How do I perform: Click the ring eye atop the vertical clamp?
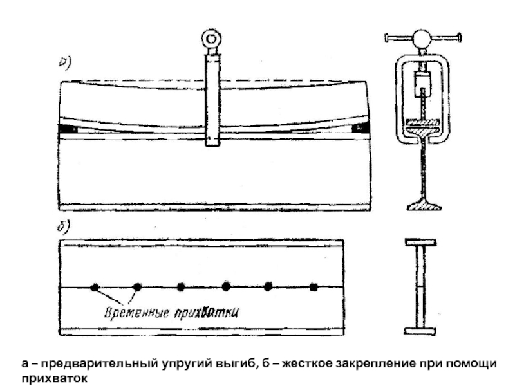pos(211,39)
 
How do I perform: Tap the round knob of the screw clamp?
pos(422,39)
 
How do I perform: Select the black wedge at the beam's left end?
pos(68,129)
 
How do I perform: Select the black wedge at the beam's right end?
pos(360,127)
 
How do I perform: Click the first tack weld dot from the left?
pos(95,288)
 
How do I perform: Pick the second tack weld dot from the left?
pos(137,287)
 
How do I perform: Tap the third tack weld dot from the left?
pos(181,287)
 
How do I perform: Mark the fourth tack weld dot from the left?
pos(226,286)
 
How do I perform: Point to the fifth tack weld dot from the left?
pos(268,286)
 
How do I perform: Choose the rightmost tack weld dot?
pos(314,288)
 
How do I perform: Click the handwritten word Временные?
pos(136,312)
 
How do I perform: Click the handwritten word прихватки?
pos(206,313)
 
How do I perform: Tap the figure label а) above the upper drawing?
pos(65,63)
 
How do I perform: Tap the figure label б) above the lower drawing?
pos(64,227)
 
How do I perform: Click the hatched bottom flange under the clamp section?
pos(424,206)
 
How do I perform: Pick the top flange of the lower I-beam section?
pos(421,243)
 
